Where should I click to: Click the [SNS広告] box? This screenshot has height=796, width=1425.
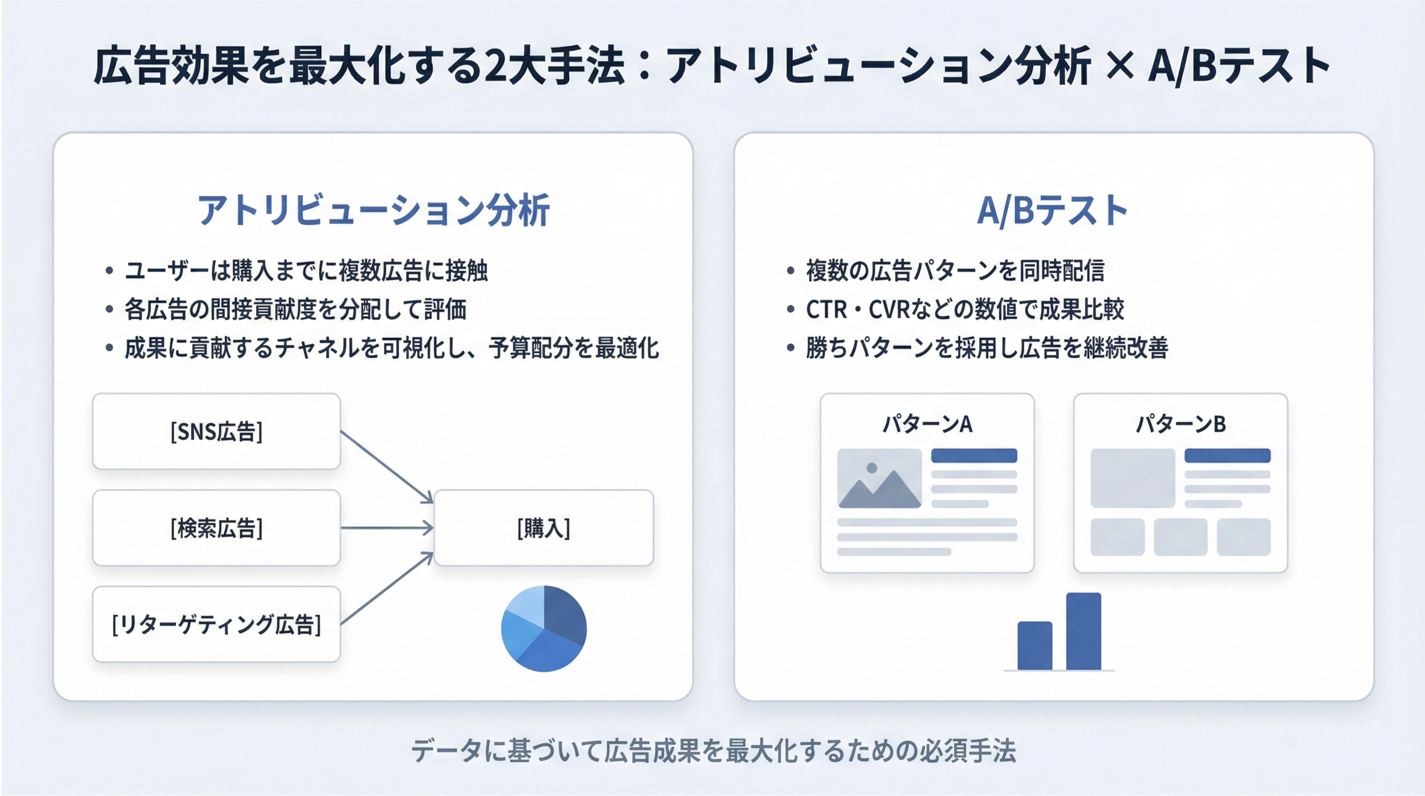click(x=216, y=431)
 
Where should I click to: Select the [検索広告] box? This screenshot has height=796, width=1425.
click(x=216, y=528)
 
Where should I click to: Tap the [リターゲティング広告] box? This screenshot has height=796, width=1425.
click(x=216, y=624)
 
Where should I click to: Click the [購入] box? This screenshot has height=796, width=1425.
click(x=544, y=528)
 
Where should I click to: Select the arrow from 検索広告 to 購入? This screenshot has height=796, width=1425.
click(x=387, y=528)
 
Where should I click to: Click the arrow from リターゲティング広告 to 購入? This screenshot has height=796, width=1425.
click(x=387, y=588)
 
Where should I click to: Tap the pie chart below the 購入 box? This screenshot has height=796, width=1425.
click(x=544, y=629)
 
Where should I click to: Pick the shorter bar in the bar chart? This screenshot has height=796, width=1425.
click(x=1035, y=646)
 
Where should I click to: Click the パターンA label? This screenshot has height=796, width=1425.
click(x=927, y=424)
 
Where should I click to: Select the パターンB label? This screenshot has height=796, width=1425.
click(x=1180, y=424)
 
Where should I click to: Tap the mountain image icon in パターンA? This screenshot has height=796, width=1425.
click(x=880, y=478)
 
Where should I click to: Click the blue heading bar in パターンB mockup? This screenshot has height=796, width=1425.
click(x=1227, y=456)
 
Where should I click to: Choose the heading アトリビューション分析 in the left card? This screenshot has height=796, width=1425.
click(x=374, y=210)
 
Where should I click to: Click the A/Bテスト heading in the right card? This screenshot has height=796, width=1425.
click(x=1052, y=210)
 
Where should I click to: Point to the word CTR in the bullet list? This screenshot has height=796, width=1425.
click(x=826, y=309)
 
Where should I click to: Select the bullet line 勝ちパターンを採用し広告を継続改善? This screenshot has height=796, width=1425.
click(x=987, y=348)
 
